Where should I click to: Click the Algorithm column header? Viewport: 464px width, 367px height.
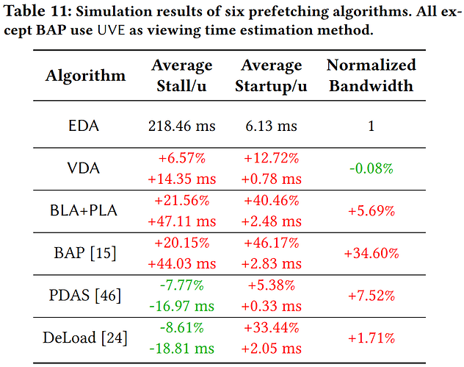(85, 76)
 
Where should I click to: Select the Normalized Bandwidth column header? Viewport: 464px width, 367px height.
(371, 75)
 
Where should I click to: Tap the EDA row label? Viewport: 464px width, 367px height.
(84, 126)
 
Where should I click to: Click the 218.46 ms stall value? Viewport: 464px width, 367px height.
(181, 126)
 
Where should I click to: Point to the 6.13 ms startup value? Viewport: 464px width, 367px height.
(271, 126)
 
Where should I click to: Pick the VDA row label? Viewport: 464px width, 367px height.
(84, 168)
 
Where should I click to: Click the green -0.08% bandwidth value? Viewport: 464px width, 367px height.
(371, 168)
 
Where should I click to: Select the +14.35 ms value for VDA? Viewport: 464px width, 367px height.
(181, 179)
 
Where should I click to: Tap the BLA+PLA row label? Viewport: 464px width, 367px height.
(84, 210)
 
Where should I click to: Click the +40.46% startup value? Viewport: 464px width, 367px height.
(272, 200)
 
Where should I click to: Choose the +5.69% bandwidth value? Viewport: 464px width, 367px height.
(371, 211)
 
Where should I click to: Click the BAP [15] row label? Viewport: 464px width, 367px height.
(85, 253)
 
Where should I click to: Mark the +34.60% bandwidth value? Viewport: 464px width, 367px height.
(371, 253)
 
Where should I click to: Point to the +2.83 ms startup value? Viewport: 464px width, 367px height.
(272, 263)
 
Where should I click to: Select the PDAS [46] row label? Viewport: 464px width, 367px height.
(85, 295)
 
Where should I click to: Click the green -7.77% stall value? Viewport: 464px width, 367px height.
(181, 285)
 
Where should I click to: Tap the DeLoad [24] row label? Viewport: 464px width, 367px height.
(85, 338)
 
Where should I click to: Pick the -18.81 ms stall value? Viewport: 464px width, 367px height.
(181, 349)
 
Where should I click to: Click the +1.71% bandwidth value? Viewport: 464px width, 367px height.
(371, 338)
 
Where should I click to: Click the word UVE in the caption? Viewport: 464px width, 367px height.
(112, 30)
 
